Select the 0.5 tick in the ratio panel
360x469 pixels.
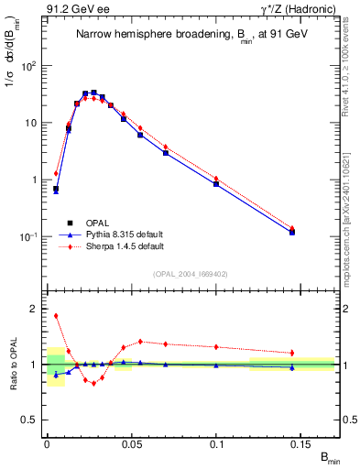pos(32,420)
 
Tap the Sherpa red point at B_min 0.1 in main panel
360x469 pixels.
pos(216,179)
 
